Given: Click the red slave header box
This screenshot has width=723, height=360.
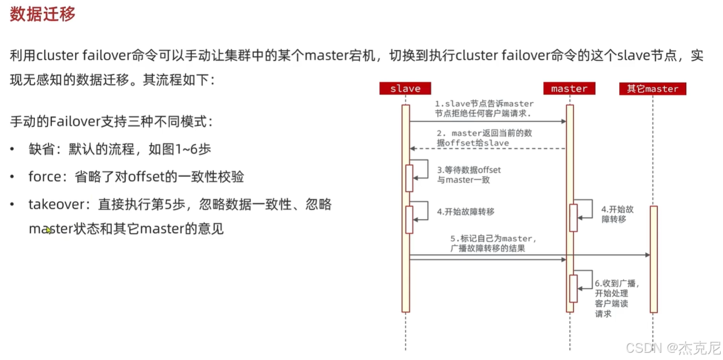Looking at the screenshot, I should (x=405, y=88).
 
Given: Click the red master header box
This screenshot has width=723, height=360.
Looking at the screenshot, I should (x=569, y=88).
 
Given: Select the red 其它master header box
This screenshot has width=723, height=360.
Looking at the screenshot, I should (x=652, y=88).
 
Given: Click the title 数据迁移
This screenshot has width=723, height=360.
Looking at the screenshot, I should (x=43, y=14).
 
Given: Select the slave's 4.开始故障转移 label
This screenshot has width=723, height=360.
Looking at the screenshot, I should (x=465, y=211).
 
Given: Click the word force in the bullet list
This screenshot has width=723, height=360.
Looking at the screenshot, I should (x=44, y=176).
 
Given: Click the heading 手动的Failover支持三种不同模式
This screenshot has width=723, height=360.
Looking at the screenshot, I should (x=110, y=122).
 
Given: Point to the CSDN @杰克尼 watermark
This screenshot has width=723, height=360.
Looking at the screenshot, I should (x=673, y=348).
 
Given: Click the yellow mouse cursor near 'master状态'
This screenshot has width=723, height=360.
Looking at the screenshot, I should (x=49, y=229).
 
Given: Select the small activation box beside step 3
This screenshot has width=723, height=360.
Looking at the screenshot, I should (x=410, y=178).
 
